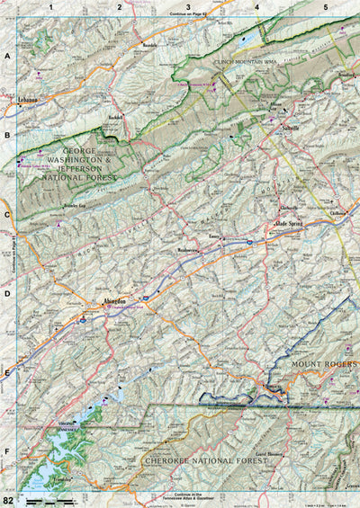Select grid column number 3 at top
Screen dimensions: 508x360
(187, 6)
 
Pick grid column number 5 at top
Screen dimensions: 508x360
(325, 6)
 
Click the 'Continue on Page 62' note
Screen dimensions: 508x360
(186, 14)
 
